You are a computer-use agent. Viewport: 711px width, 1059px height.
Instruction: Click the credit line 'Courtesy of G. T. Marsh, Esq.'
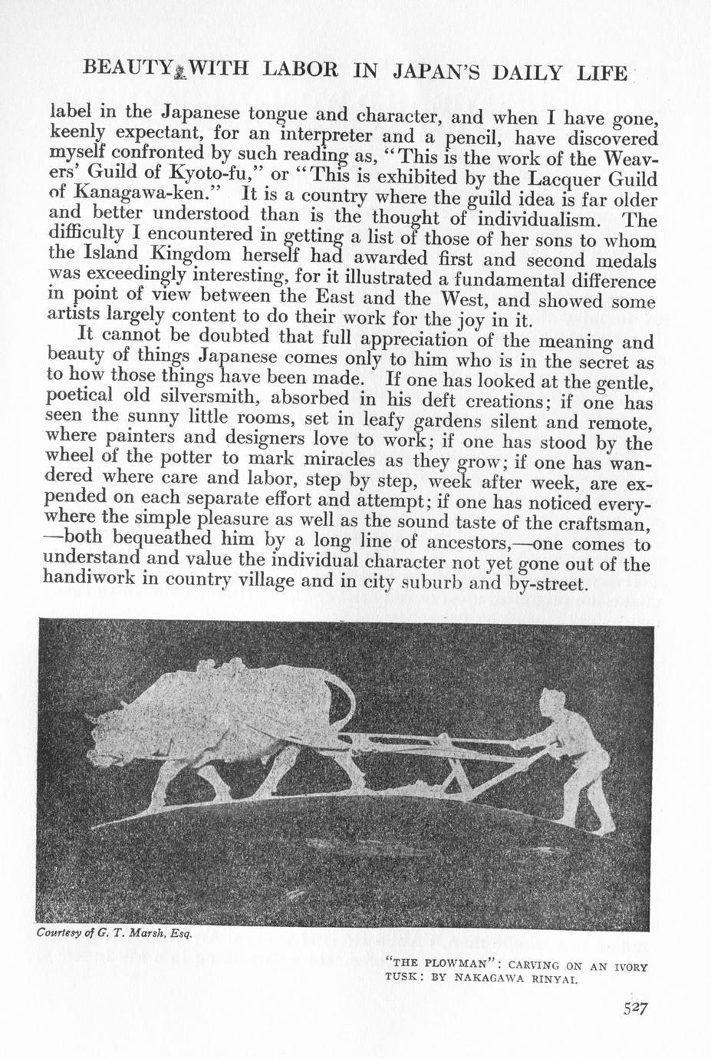click(x=114, y=933)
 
